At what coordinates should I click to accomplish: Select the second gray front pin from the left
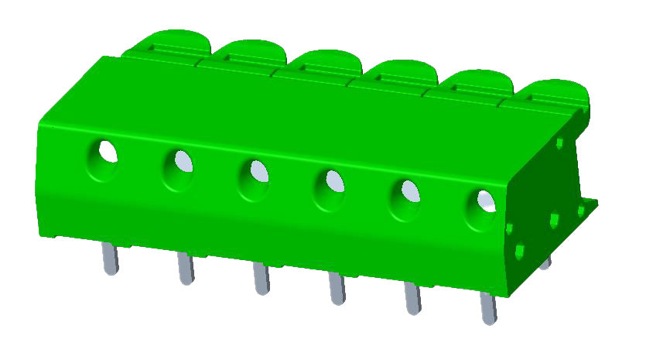186,269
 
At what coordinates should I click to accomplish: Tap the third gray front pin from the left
262,279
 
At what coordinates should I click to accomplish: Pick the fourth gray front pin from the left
337,289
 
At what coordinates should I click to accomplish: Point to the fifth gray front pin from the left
412,299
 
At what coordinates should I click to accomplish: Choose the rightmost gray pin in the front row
488,308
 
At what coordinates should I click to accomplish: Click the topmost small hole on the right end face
560,142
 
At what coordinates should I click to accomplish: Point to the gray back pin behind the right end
546,262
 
